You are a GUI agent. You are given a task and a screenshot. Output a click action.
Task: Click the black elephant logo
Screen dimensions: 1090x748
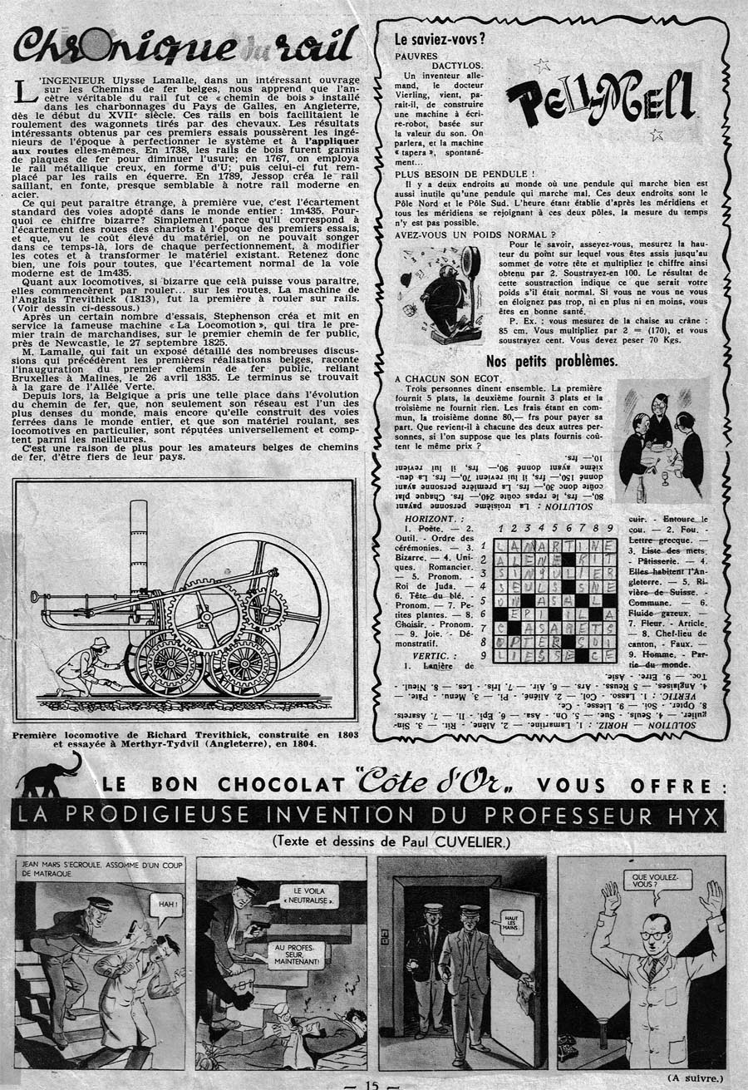point(47,777)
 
